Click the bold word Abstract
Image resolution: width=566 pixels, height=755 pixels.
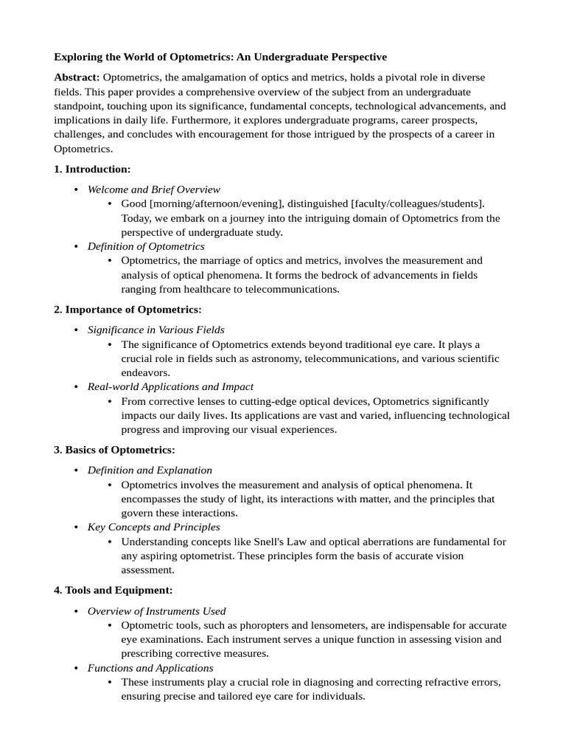[x=77, y=77]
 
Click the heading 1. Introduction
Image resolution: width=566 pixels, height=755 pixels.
[x=92, y=169]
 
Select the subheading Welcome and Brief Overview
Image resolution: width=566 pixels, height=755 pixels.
[x=153, y=189]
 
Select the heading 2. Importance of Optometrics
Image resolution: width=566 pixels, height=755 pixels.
[x=127, y=309]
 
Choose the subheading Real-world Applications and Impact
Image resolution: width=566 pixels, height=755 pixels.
[x=170, y=386]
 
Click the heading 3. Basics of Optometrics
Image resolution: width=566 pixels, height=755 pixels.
[x=114, y=450]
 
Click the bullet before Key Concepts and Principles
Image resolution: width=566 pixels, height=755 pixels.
[x=77, y=527]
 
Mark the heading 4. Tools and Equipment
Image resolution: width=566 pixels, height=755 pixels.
[x=113, y=590]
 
